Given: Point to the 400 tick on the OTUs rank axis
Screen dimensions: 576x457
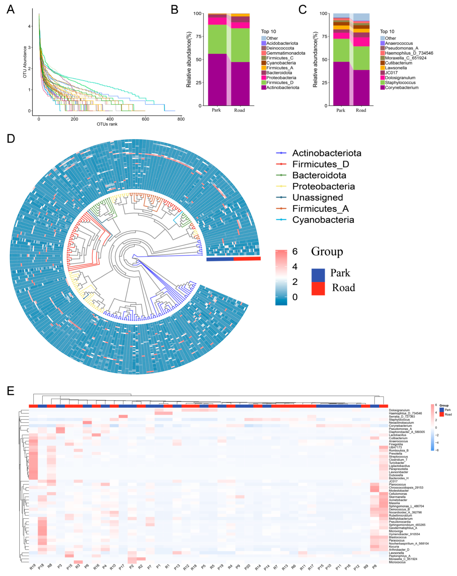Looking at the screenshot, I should click(110, 119).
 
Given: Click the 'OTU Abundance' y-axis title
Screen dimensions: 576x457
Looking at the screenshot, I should click(25, 62).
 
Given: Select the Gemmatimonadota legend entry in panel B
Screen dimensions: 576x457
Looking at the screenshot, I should click(286, 53).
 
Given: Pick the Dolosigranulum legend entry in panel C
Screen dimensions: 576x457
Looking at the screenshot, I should click(400, 78).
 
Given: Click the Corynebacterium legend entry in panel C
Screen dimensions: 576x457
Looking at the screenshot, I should click(401, 88).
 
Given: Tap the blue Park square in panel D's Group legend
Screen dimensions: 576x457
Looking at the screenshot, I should click(318, 275).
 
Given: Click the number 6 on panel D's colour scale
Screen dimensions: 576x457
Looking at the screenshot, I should click(295, 251).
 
